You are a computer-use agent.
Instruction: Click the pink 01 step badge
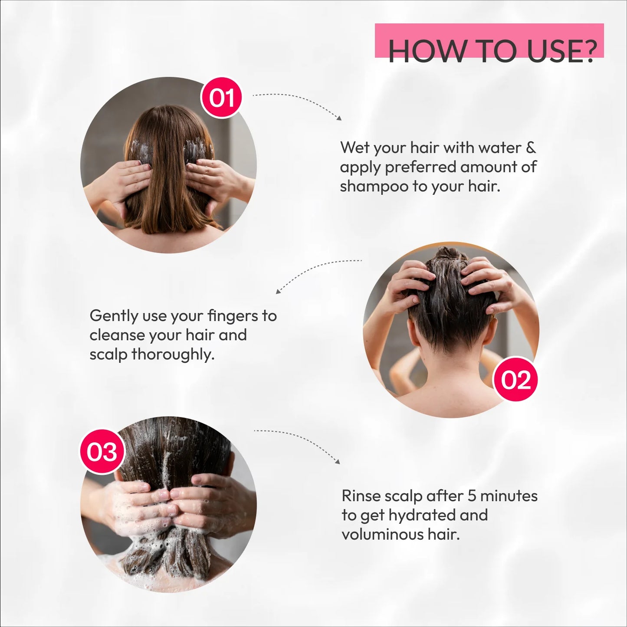tap(221, 98)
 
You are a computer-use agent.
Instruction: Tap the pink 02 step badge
tap(515, 380)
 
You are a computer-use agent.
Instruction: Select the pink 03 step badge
tap(102, 452)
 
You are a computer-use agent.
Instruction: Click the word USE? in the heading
tap(561, 51)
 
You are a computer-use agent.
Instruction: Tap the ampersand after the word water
tap(531, 148)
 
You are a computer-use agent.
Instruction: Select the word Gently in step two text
tap(114, 316)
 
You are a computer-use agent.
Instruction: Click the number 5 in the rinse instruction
tap(471, 496)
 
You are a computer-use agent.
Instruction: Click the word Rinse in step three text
tap(361, 496)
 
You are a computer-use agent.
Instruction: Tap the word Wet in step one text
tap(354, 148)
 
